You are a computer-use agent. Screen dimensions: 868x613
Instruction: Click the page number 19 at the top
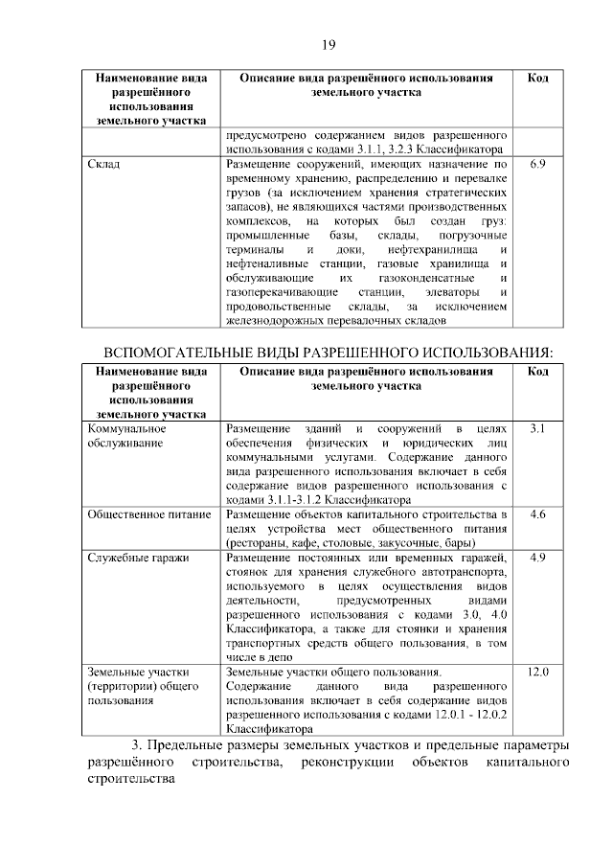327,45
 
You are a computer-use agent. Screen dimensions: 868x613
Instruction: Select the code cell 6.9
537,165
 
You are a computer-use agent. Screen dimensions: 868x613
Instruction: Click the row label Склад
102,165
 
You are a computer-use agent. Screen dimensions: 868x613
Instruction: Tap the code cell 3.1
537,427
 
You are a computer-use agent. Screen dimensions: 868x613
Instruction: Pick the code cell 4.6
537,514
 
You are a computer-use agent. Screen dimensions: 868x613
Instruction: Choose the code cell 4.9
537,558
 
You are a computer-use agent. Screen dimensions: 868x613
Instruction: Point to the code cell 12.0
537,673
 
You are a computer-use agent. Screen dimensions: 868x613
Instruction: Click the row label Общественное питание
148,514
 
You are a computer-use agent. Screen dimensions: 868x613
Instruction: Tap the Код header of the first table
537,77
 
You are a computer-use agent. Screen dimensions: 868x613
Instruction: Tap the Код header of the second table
537,371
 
